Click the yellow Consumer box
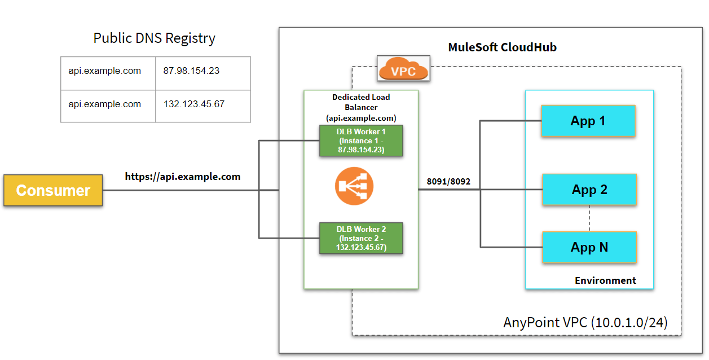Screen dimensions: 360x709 (53, 190)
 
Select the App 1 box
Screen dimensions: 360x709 (588, 121)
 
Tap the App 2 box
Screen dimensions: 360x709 (589, 190)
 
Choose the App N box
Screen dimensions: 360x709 (589, 247)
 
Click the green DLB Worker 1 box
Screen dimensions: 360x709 (361, 141)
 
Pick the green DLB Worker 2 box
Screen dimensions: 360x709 (361, 238)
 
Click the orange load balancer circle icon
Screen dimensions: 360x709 (354, 186)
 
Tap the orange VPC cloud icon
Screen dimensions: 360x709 (403, 70)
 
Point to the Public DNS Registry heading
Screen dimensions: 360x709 (154, 38)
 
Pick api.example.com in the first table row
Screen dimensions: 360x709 (105, 72)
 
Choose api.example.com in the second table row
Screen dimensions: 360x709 (105, 104)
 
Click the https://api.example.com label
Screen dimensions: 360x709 (183, 177)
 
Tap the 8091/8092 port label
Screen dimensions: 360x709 (449, 182)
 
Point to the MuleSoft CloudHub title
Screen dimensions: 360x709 (502, 47)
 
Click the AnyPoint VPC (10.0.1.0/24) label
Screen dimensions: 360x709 (585, 322)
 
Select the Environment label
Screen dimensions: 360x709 (605, 280)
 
